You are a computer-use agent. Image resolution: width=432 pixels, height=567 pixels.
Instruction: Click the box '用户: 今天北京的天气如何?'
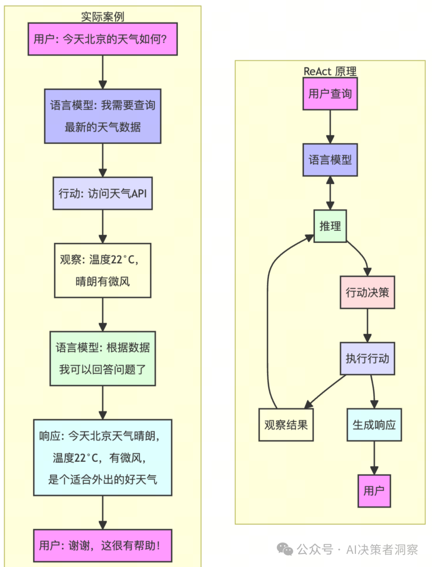pyautogui.click(x=102, y=39)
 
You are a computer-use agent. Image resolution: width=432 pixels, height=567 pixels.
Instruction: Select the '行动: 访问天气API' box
pyautogui.click(x=102, y=193)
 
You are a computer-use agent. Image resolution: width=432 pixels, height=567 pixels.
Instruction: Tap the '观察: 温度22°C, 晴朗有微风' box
pyautogui.click(x=102, y=271)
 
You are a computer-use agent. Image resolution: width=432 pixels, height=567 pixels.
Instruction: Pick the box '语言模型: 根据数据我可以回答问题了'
pyautogui.click(x=102, y=358)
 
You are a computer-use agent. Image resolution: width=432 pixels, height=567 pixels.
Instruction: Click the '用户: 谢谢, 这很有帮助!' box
pyautogui.click(x=102, y=545)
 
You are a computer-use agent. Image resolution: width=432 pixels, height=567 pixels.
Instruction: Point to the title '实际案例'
pyautogui.click(x=102, y=17)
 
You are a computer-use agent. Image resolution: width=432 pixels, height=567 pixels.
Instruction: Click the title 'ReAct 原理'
pyautogui.click(x=330, y=72)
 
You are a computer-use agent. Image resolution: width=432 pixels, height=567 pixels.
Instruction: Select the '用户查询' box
pyautogui.click(x=330, y=94)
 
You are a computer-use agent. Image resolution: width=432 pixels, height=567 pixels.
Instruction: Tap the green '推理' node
pyautogui.click(x=330, y=226)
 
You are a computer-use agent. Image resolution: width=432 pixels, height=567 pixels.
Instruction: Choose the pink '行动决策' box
pyautogui.click(x=367, y=292)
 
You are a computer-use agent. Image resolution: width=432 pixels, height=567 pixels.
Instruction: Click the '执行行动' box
pyautogui.click(x=367, y=358)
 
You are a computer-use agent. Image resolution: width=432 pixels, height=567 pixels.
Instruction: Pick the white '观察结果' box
pyautogui.click(x=286, y=425)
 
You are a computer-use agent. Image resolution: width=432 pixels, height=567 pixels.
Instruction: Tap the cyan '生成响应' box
pyautogui.click(x=374, y=425)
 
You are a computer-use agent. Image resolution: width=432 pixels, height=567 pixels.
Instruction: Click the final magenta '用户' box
pyautogui.click(x=374, y=491)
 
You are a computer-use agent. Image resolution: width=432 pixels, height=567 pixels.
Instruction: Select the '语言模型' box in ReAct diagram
pyautogui.click(x=330, y=160)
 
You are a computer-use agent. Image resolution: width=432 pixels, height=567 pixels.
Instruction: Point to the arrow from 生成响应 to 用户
pyautogui.click(x=374, y=458)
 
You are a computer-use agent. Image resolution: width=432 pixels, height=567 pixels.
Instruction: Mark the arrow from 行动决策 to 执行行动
pyautogui.click(x=367, y=324)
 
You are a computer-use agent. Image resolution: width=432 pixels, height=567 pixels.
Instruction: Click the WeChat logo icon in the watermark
pyautogui.click(x=285, y=549)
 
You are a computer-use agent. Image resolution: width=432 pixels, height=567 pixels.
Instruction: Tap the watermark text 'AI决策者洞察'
pyautogui.click(x=382, y=550)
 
